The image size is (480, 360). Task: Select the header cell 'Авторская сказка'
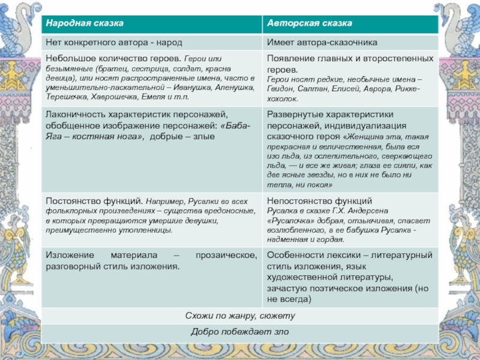pyautogui.click(x=309, y=23)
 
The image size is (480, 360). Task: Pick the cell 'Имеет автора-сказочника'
pyautogui.click(x=322, y=43)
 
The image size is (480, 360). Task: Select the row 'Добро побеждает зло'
pyautogui.click(x=240, y=331)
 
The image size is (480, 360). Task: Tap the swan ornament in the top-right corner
pyautogui.click(x=462, y=21)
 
